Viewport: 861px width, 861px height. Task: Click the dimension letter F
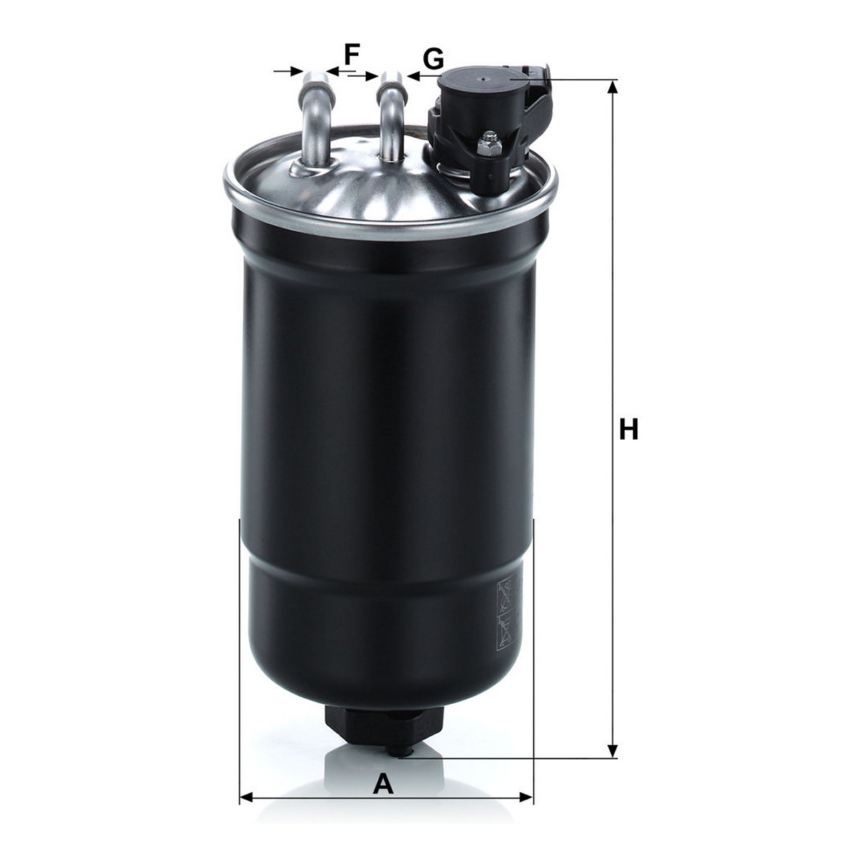pyautogui.click(x=352, y=55)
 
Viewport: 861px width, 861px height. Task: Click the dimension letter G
pyautogui.click(x=433, y=59)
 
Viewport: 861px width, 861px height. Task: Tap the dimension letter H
pyautogui.click(x=629, y=429)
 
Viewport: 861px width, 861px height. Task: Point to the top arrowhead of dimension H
pyautogui.click(x=613, y=88)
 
